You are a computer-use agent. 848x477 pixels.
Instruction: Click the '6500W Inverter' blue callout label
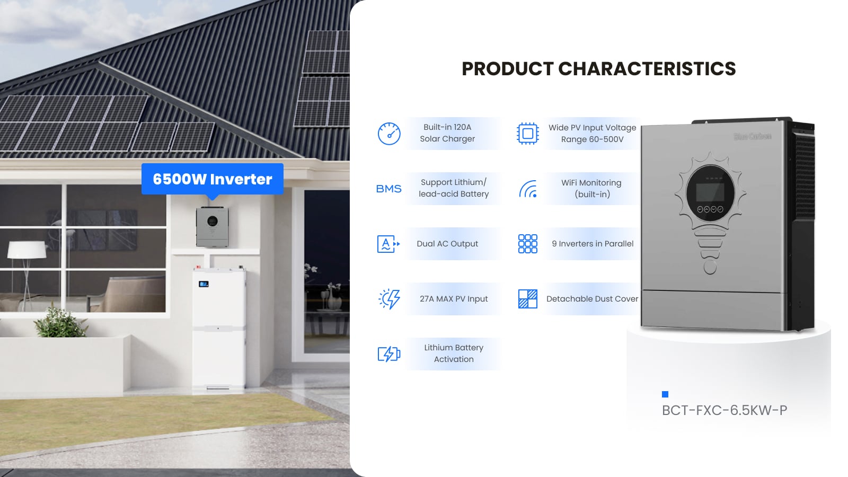[212, 179]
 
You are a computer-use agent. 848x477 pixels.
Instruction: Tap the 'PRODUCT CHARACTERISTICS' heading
[598, 69]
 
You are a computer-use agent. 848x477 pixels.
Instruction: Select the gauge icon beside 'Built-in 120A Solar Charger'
[389, 134]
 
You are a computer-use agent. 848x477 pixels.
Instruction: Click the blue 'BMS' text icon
[388, 189]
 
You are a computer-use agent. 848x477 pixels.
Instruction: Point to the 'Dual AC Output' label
[447, 244]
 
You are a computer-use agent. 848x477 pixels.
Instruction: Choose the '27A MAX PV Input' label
[454, 299]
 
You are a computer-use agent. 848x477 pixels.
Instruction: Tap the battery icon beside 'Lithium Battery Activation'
[388, 354]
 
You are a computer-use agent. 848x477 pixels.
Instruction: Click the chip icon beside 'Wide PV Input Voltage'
[527, 134]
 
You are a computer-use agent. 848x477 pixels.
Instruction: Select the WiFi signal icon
[528, 189]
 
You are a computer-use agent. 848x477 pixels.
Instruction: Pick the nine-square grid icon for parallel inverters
[527, 244]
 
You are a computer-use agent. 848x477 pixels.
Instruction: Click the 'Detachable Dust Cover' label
[592, 299]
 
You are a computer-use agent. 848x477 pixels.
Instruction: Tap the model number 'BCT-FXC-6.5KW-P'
[724, 410]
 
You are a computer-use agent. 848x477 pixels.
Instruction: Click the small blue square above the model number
[665, 394]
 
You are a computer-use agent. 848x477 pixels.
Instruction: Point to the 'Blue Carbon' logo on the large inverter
[752, 137]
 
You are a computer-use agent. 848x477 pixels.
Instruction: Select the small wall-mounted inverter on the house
[213, 227]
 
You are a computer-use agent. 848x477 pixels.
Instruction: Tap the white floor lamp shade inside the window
[26, 249]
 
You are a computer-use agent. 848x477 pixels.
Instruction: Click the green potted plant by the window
[60, 322]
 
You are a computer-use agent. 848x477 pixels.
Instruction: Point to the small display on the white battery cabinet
[204, 284]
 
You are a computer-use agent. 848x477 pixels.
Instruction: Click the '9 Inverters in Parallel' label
[593, 244]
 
